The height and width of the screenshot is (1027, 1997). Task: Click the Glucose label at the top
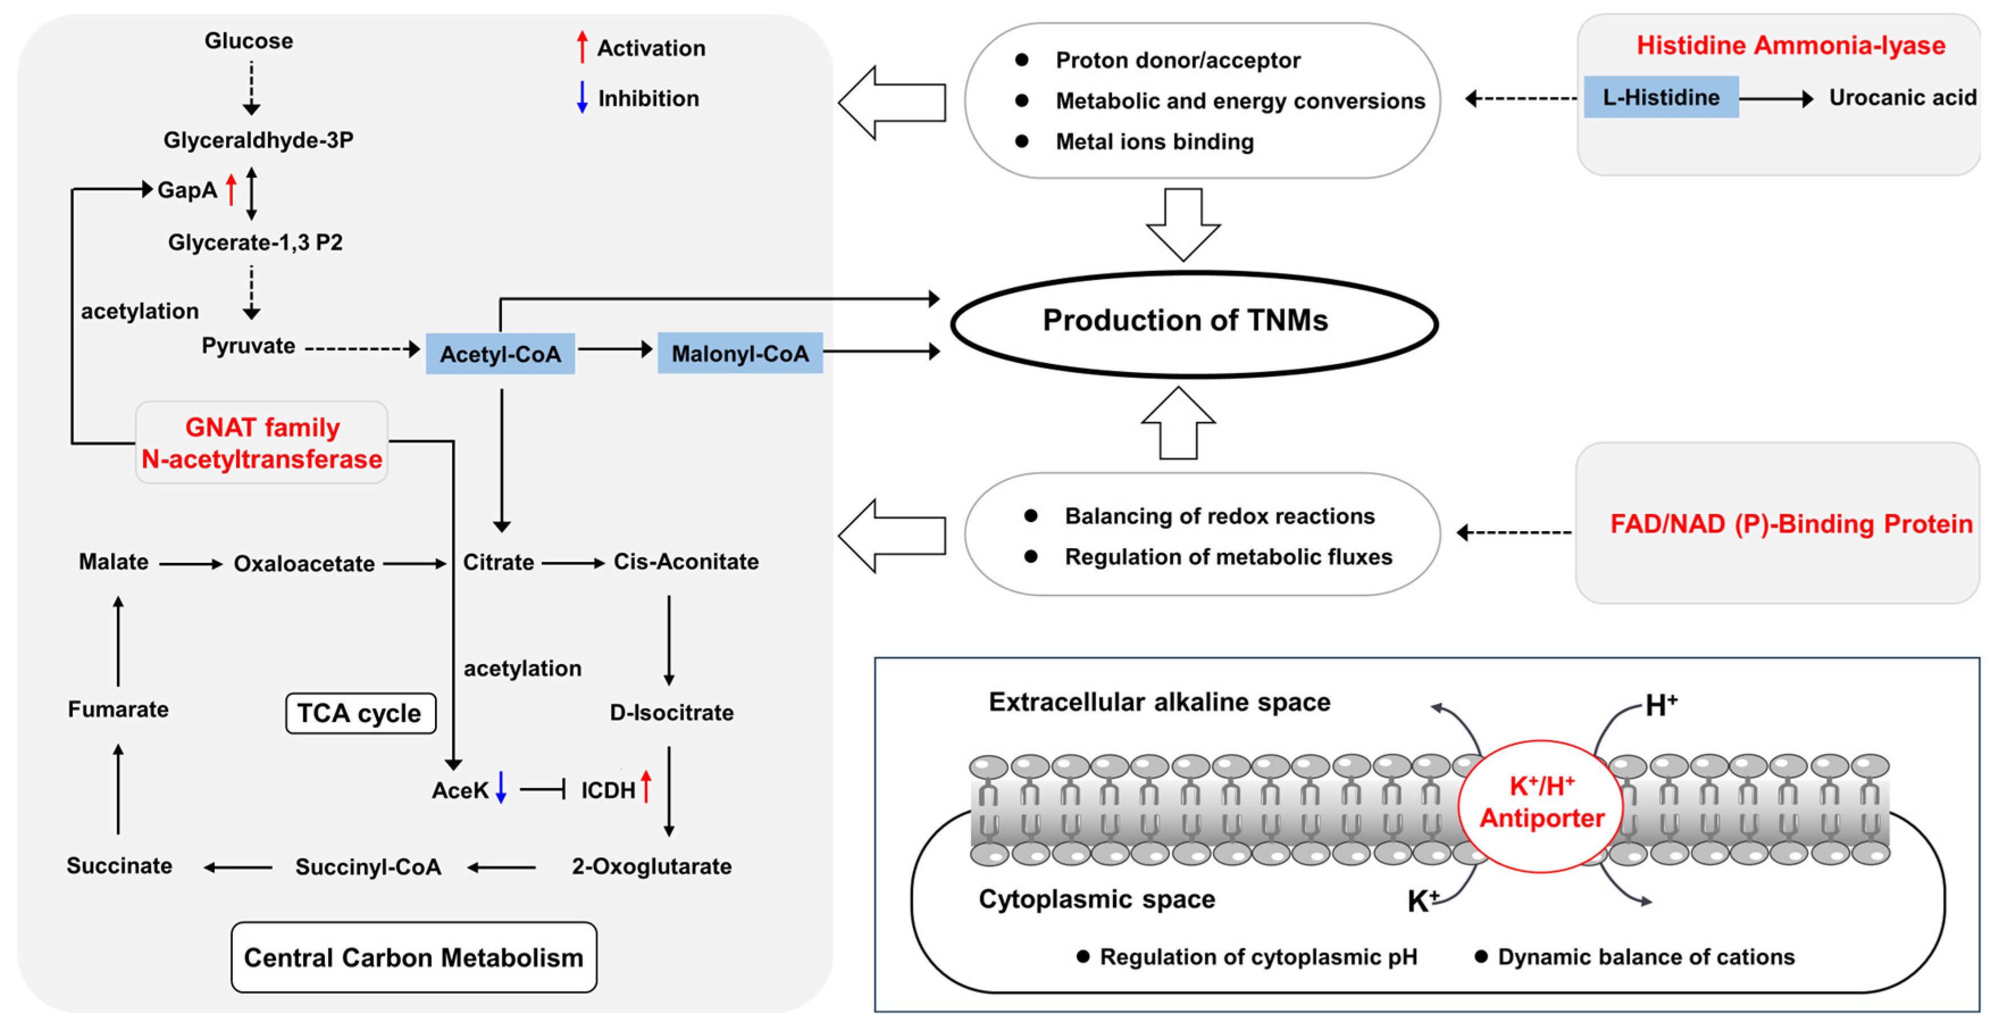(249, 40)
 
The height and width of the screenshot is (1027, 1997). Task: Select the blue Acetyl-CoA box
(500, 354)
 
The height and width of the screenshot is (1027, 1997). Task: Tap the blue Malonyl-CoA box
(739, 354)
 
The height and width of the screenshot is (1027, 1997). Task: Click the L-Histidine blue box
(1660, 98)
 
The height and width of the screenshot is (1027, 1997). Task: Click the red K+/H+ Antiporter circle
(1540, 804)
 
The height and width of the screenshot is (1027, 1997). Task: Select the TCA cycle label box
(361, 713)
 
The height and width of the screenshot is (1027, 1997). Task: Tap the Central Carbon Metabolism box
(414, 957)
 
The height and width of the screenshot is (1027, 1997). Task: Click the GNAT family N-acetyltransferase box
(262, 443)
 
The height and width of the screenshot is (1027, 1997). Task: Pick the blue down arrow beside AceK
(501, 787)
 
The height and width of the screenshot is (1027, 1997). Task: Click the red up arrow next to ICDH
(646, 787)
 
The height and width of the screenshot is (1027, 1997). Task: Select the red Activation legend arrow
(582, 47)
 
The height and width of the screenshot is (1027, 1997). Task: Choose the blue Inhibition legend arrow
(582, 98)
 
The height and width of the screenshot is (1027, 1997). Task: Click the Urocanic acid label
(1902, 98)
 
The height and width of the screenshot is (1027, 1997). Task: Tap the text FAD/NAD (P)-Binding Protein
(1791, 524)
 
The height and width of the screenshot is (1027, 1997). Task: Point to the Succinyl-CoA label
(369, 866)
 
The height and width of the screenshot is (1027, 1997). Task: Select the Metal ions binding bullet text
(1154, 142)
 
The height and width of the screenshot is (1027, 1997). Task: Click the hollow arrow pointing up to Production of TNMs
(1178, 423)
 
